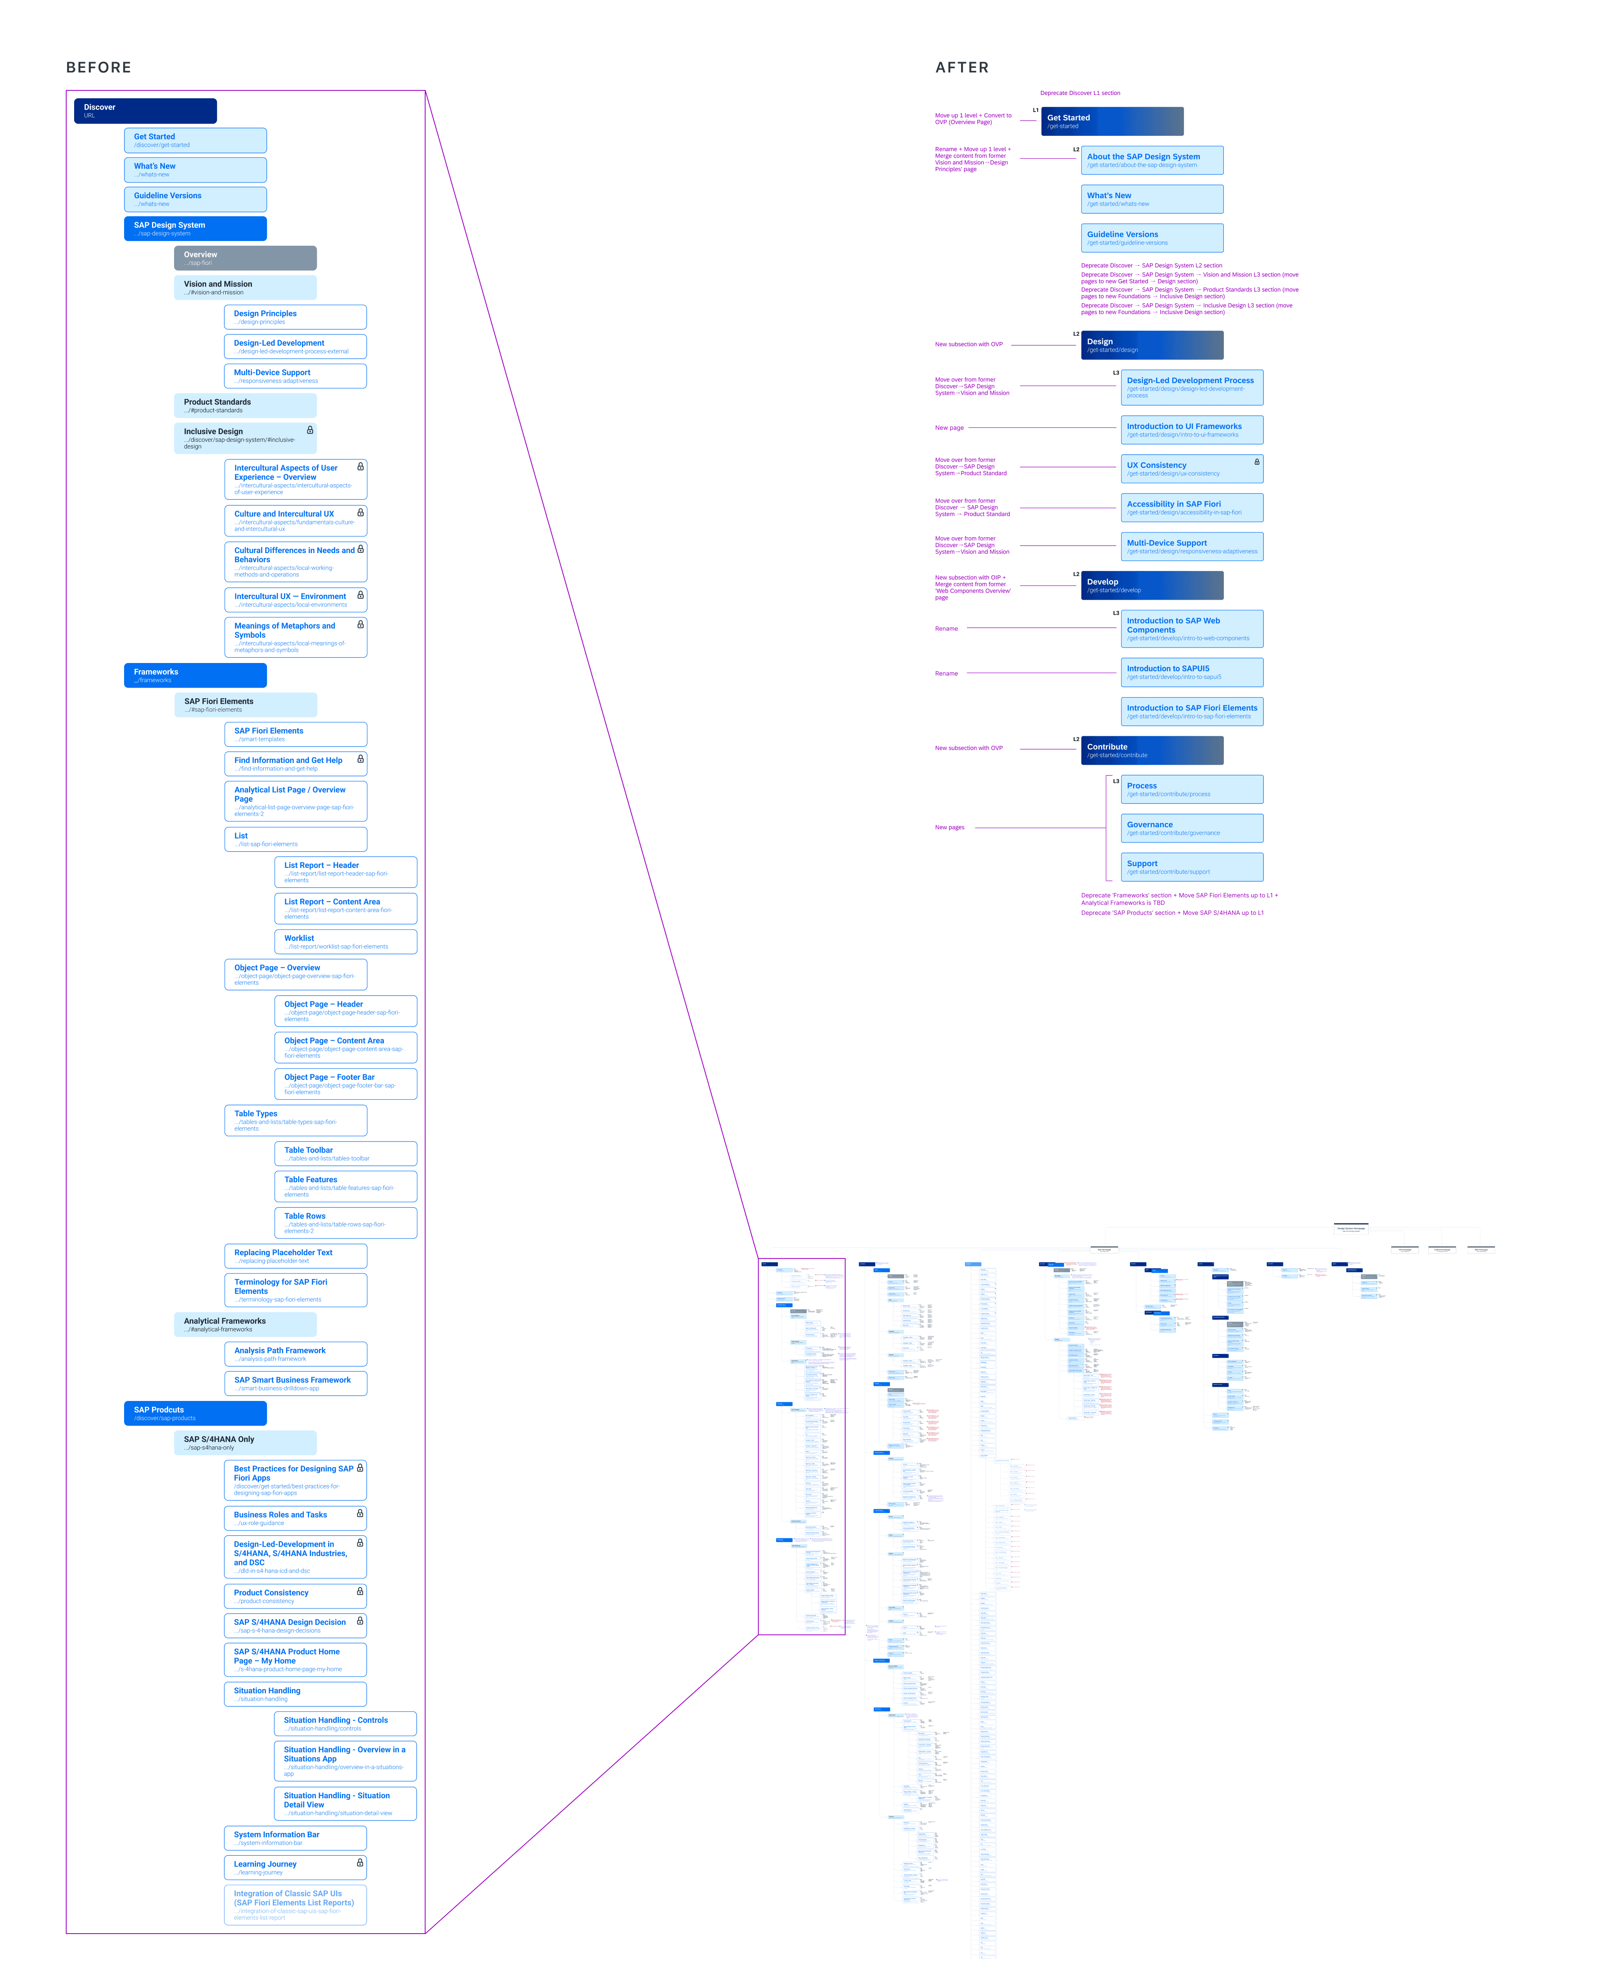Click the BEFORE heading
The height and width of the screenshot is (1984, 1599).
click(x=99, y=67)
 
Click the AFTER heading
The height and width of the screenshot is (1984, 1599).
click(x=961, y=67)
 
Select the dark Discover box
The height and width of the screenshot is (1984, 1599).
click(x=144, y=110)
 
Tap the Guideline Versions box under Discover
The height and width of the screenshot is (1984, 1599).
click(x=195, y=199)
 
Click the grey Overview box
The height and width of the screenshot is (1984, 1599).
click(x=245, y=258)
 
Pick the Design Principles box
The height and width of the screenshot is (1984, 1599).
click(x=295, y=317)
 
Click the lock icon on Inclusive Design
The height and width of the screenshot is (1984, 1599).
click(x=309, y=430)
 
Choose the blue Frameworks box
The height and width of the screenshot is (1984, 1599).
click(x=195, y=675)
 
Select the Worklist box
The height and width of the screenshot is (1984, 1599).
click(x=345, y=941)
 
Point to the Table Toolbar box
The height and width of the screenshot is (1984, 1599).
click(x=345, y=1153)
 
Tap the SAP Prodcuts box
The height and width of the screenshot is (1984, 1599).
click(x=195, y=1413)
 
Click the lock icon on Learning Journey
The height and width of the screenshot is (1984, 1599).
click(x=360, y=1862)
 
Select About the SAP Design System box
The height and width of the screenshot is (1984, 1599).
click(x=1151, y=160)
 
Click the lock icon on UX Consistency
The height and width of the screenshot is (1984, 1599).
click(x=1256, y=461)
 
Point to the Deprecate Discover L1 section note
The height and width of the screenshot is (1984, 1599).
click(x=1079, y=93)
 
